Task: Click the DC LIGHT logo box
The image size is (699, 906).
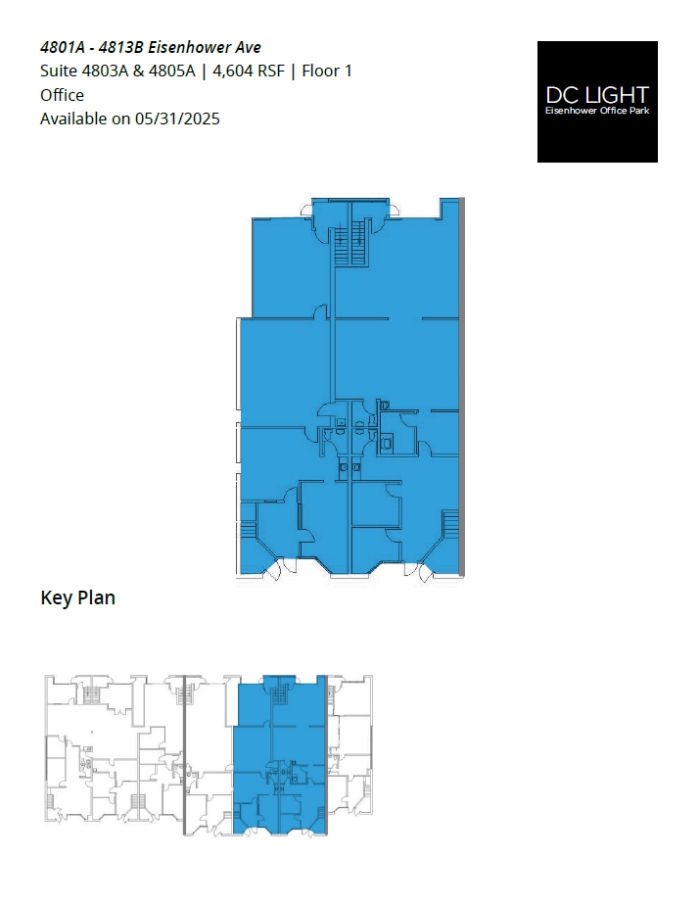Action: click(x=597, y=101)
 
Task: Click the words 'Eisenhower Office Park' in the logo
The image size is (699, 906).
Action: click(x=597, y=111)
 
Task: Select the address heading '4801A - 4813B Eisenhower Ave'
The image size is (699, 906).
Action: click(x=150, y=47)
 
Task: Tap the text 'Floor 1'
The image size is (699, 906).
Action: click(x=327, y=71)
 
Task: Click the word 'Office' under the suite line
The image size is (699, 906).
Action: click(x=62, y=95)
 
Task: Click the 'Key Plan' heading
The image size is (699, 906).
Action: click(x=77, y=597)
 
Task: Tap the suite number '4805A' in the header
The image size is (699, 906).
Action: click(x=173, y=71)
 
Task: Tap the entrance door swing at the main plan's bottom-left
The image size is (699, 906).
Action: click(x=273, y=568)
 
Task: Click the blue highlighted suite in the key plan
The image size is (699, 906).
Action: click(x=279, y=754)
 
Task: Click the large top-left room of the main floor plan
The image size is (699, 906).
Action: click(x=289, y=264)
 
